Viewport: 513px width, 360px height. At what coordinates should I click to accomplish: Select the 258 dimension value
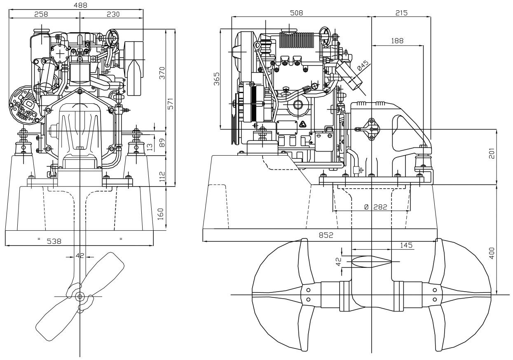[x=41, y=14]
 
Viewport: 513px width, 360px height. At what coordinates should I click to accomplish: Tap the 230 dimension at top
[x=113, y=14]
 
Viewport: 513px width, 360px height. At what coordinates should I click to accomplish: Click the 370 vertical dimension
[x=162, y=73]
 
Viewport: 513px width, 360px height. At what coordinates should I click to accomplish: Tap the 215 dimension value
[x=401, y=13]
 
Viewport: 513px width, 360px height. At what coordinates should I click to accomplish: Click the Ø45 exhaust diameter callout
[x=363, y=66]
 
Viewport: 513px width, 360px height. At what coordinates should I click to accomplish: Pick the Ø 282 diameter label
[x=376, y=207]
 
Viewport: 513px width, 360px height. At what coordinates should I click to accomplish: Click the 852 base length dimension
[x=326, y=235]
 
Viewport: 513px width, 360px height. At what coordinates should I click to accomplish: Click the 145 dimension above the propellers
[x=406, y=245]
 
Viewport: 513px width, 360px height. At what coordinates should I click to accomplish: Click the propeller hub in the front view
[x=79, y=296]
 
